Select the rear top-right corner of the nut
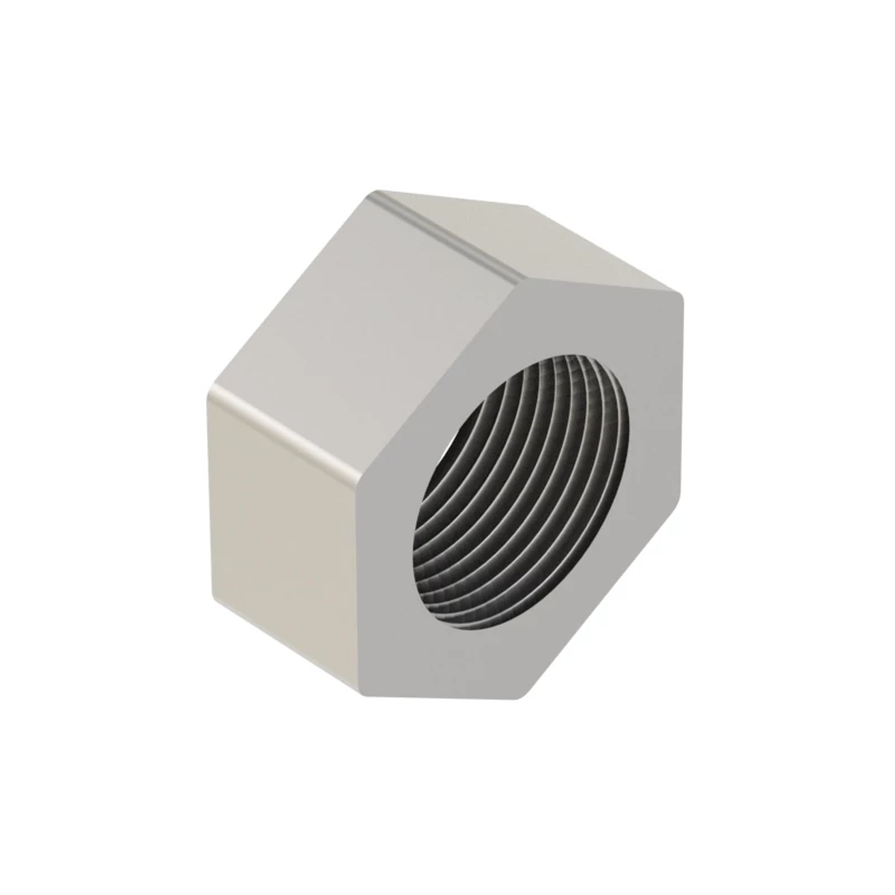(x=526, y=204)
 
